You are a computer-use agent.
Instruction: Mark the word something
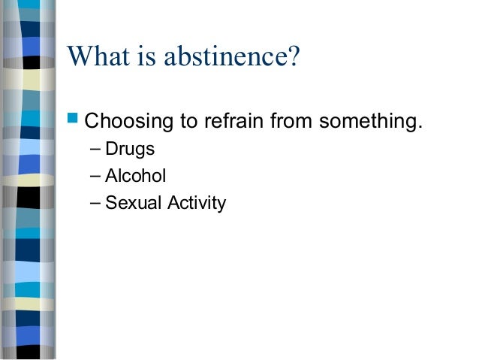[366, 120]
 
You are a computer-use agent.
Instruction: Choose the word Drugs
[130, 149]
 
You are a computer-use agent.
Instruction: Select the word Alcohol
[135, 176]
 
